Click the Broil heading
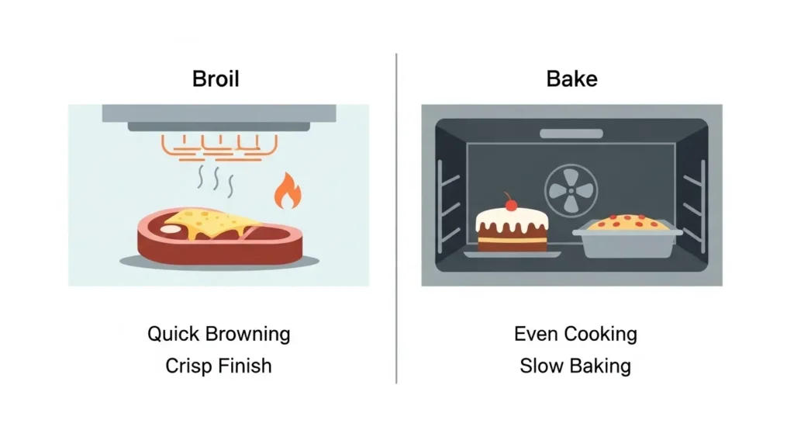tap(216, 79)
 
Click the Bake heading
tap(571, 79)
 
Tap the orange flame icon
tap(288, 191)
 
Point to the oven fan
tap(571, 191)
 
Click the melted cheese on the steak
tap(212, 223)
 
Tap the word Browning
tap(247, 335)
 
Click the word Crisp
tap(186, 366)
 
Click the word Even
tap(536, 334)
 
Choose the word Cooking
tap(600, 335)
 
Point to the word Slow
tap(541, 366)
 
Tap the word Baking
tap(600, 366)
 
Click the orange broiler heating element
tap(219, 148)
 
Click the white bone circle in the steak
tap(170, 229)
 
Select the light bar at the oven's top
tap(571, 134)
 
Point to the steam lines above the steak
tap(216, 180)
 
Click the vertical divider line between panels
tap(396, 218)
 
